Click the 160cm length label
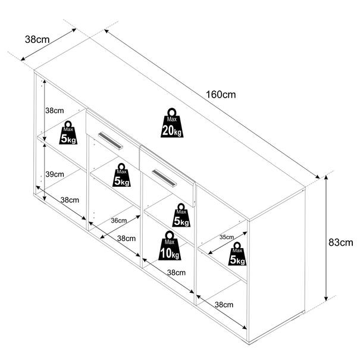pos(221,95)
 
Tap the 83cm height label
pos(341,242)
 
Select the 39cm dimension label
pos(55,174)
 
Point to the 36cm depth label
pos(118,220)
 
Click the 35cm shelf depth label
pos(227,237)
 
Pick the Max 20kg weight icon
pos(172,123)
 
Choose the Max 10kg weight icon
pos(170,246)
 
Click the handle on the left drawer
pos(111,141)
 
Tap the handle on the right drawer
pos(164,178)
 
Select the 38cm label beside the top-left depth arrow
pos(37,39)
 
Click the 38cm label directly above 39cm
pos(54,111)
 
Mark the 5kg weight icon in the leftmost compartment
pos(68,133)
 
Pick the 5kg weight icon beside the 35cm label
pos(237,254)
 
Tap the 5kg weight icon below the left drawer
pos(121,175)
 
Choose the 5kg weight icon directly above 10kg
pos(181,215)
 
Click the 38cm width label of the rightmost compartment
pos(224,305)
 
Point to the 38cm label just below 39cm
pos(70,200)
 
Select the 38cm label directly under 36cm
pos(126,239)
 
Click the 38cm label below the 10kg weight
pos(176,273)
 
